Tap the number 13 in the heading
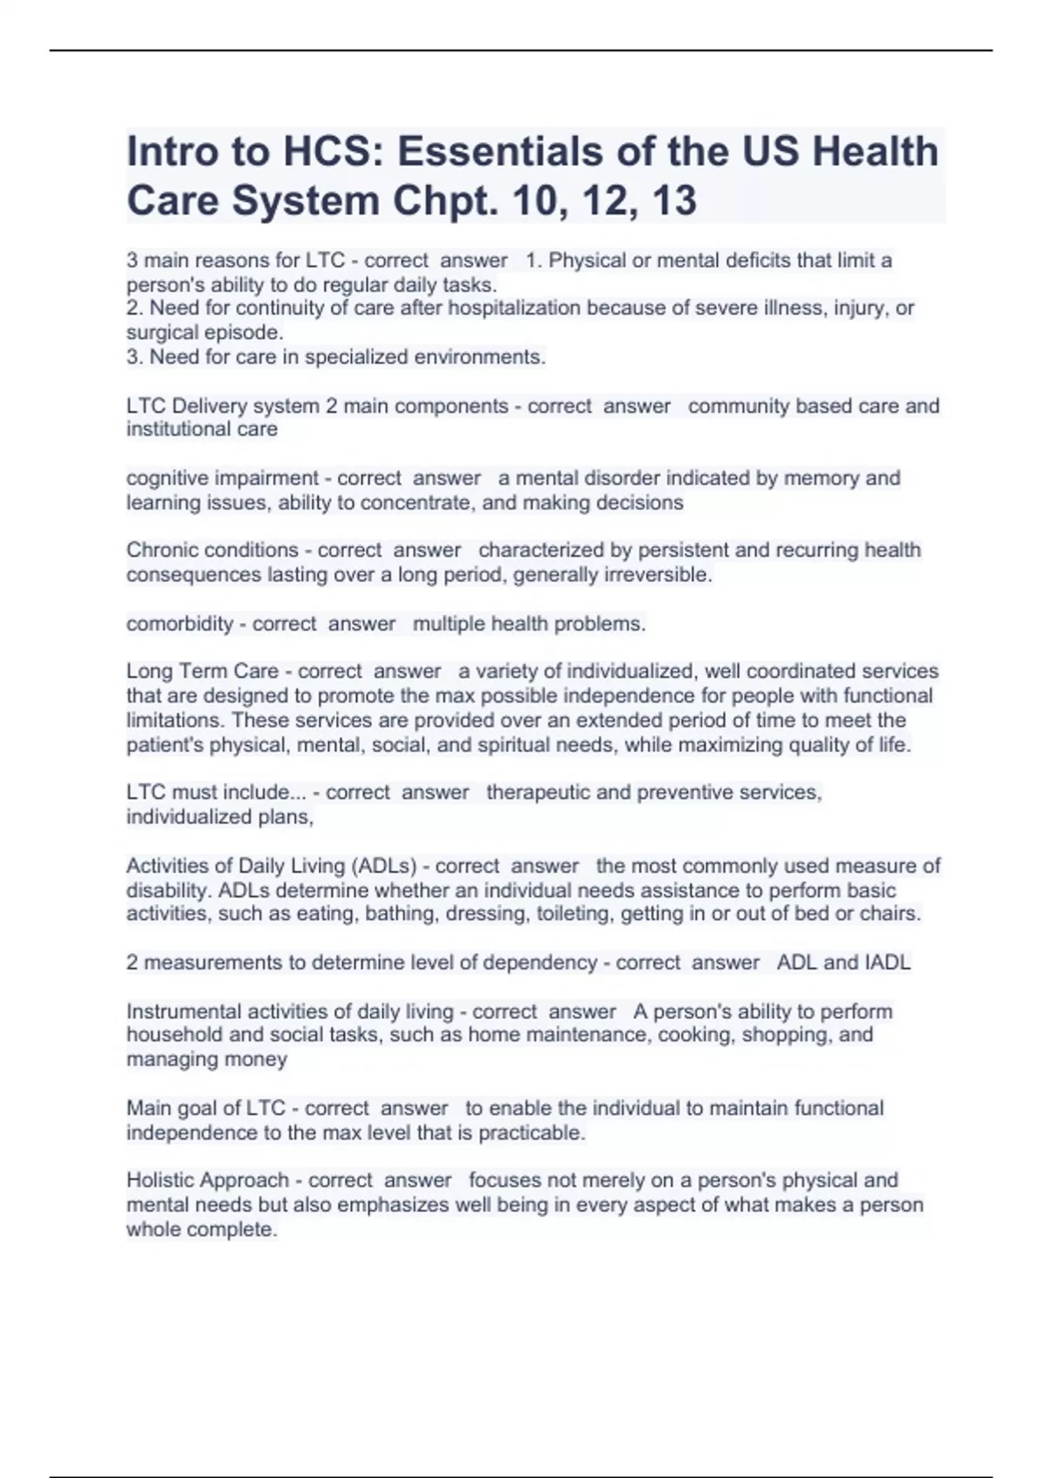tap(674, 201)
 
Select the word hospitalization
tap(514, 308)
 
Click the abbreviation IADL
tap(887, 962)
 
